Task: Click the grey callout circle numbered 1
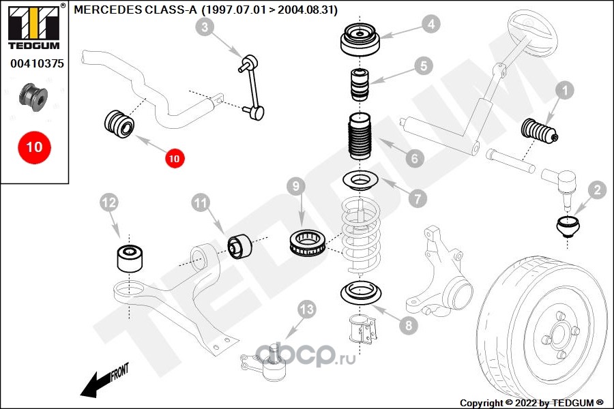(x=566, y=90)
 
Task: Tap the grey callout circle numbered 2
(x=596, y=191)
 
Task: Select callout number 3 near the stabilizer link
(x=205, y=27)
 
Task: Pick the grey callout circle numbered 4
(x=430, y=25)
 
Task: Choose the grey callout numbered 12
(x=109, y=202)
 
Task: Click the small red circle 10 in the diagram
(x=173, y=158)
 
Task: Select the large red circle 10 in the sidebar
(x=34, y=147)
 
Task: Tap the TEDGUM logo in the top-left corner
(x=33, y=26)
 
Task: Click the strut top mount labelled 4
(x=360, y=42)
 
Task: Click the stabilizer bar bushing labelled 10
(x=119, y=124)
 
